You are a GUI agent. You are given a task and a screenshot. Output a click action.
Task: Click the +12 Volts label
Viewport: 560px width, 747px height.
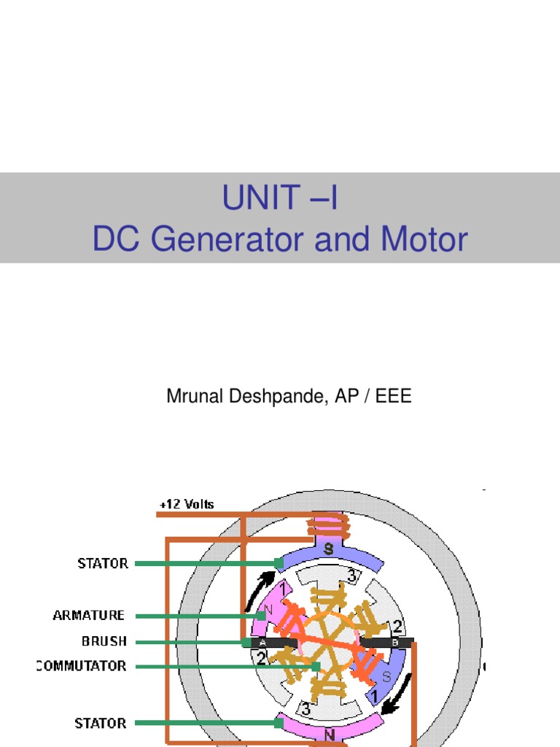coord(186,505)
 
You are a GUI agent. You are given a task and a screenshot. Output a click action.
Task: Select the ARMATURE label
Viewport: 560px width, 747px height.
coord(89,616)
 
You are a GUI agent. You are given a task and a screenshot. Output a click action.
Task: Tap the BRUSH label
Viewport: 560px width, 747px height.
coord(104,641)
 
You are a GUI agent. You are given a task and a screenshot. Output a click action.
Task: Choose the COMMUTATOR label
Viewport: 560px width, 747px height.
coord(81,666)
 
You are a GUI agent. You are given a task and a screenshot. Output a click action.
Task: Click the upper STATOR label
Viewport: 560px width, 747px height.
coord(103,563)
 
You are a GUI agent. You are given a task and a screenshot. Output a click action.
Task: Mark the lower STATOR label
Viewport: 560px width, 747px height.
coord(101,724)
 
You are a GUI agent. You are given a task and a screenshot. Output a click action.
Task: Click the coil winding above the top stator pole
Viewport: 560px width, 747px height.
coord(328,525)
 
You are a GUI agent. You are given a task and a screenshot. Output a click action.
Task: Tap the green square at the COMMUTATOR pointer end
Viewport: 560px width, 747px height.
coord(316,666)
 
